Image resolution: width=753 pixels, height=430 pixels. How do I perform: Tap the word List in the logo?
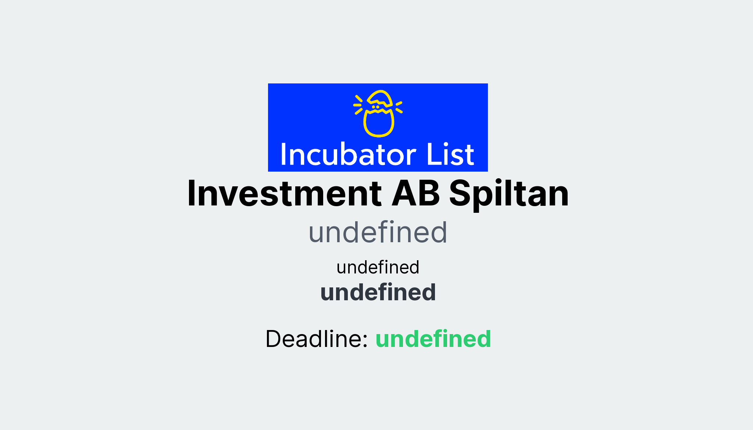[x=450, y=154]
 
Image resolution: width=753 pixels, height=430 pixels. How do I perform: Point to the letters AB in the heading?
[x=415, y=194]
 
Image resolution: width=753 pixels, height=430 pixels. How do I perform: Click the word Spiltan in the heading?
[x=509, y=194]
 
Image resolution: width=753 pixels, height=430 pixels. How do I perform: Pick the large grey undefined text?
[x=378, y=232]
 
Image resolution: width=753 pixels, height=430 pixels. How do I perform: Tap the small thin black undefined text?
[x=378, y=267]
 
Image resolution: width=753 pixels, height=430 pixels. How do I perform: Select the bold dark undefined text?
[x=378, y=293]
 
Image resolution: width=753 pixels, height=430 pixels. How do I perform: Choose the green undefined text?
[x=433, y=338]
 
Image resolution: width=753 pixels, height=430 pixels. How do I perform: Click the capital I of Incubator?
[x=283, y=154]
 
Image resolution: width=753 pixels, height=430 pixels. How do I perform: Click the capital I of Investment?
[x=192, y=194]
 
